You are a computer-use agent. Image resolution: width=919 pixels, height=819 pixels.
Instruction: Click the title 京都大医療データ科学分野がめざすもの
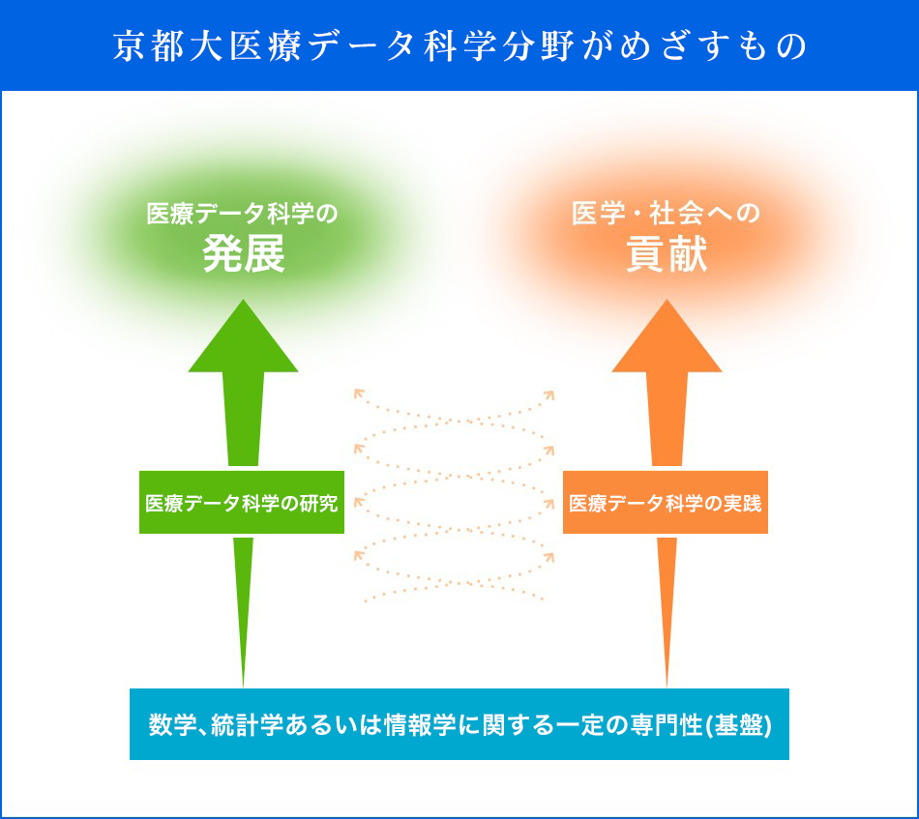point(459,46)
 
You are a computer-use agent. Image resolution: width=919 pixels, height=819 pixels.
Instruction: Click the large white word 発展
point(244,255)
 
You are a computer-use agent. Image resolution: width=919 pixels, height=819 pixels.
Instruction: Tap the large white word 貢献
point(667,255)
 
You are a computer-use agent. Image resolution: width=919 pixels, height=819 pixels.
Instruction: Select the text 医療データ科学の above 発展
point(242,214)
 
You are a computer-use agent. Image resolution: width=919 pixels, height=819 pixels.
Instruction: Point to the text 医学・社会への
point(667,214)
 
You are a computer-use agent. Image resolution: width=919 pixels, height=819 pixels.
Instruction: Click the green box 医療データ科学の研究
point(242,503)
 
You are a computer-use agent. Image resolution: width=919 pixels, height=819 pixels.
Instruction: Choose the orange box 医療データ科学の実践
point(666,503)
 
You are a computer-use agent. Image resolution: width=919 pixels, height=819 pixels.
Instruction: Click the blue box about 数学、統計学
point(459,724)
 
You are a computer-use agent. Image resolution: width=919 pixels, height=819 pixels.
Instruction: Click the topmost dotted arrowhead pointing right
point(548,395)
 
